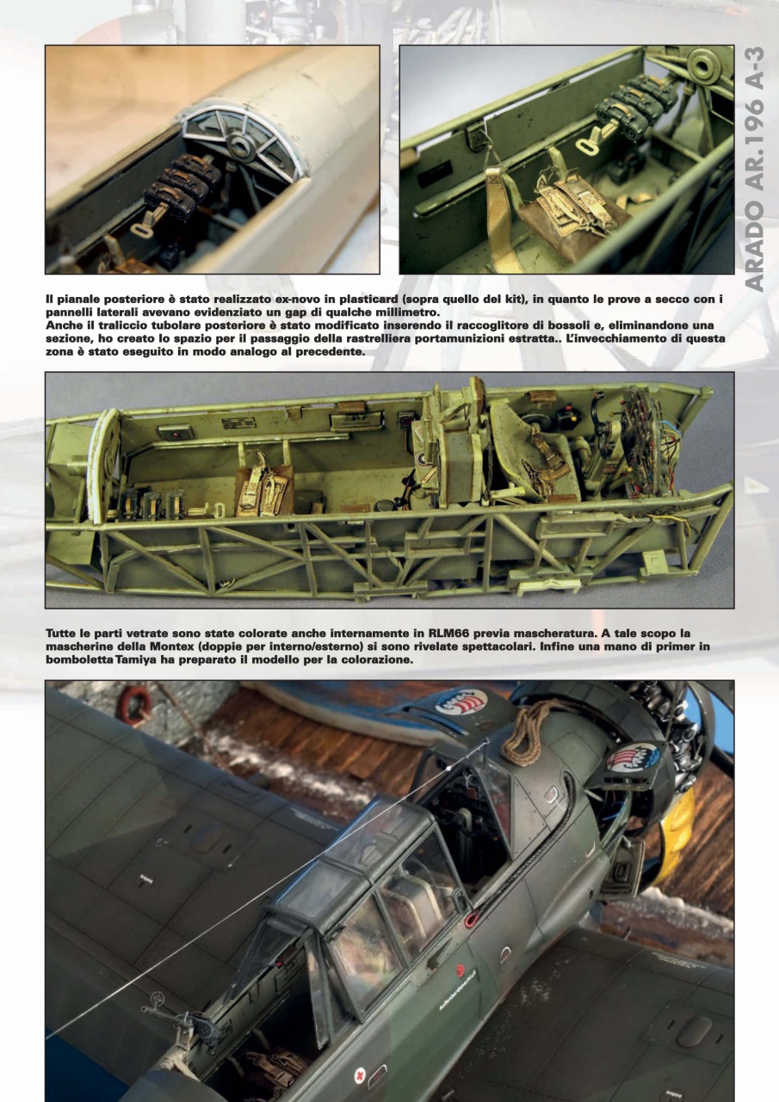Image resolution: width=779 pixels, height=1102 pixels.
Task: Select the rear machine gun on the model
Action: tap(181, 1025)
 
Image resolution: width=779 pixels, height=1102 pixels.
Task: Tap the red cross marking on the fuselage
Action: tap(359, 1074)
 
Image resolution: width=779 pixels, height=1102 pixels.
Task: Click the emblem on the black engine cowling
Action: tap(633, 758)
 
